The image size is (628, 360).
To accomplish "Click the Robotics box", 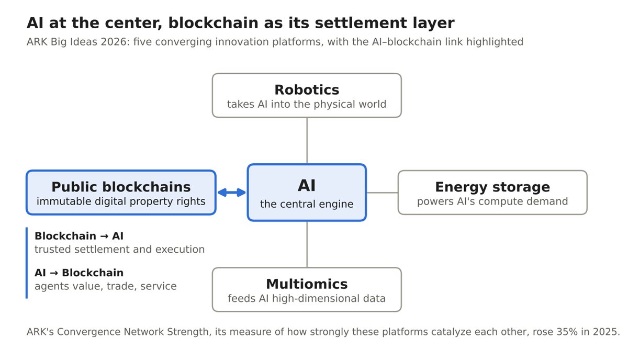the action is (x=307, y=95).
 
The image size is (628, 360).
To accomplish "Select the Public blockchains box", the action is (x=121, y=193).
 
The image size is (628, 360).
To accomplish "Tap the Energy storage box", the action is (x=492, y=193).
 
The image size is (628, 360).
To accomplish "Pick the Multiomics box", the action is (x=307, y=290).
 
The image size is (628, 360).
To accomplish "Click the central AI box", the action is (x=307, y=193).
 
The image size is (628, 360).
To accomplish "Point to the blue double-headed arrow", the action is (x=231, y=193).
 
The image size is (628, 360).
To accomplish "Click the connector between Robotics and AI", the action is (x=307, y=141).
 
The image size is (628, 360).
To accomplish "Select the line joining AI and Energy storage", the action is (x=382, y=193).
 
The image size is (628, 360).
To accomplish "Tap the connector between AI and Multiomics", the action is (x=307, y=244).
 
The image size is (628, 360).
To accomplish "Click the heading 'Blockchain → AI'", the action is (x=79, y=236).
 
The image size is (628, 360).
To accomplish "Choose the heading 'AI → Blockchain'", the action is (x=79, y=273).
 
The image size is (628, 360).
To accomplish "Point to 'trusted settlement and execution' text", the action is (x=119, y=249).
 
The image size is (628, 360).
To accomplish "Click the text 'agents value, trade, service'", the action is (x=105, y=286).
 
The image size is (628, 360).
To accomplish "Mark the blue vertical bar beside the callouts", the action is (x=27, y=263).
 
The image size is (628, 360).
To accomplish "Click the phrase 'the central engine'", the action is (x=307, y=204).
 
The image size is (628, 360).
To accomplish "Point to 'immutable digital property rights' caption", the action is (x=121, y=201).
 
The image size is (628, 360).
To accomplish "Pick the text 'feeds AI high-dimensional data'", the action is (x=307, y=299).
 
